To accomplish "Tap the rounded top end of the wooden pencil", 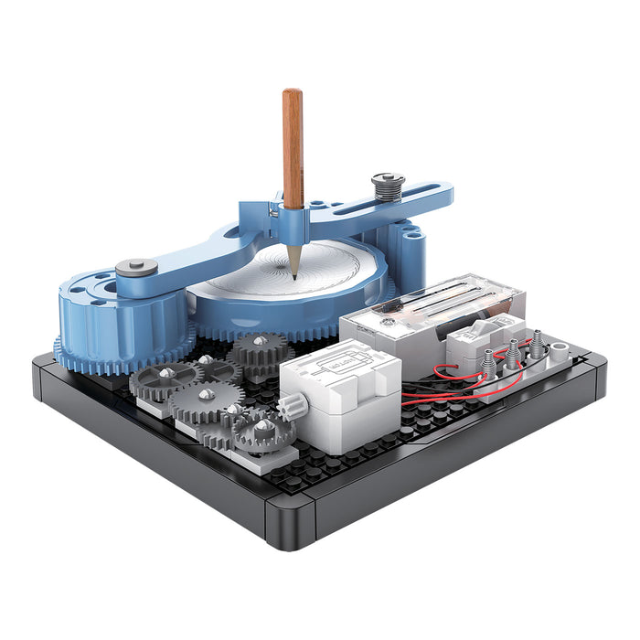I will [292, 93].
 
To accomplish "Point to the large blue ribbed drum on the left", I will [110, 315].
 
